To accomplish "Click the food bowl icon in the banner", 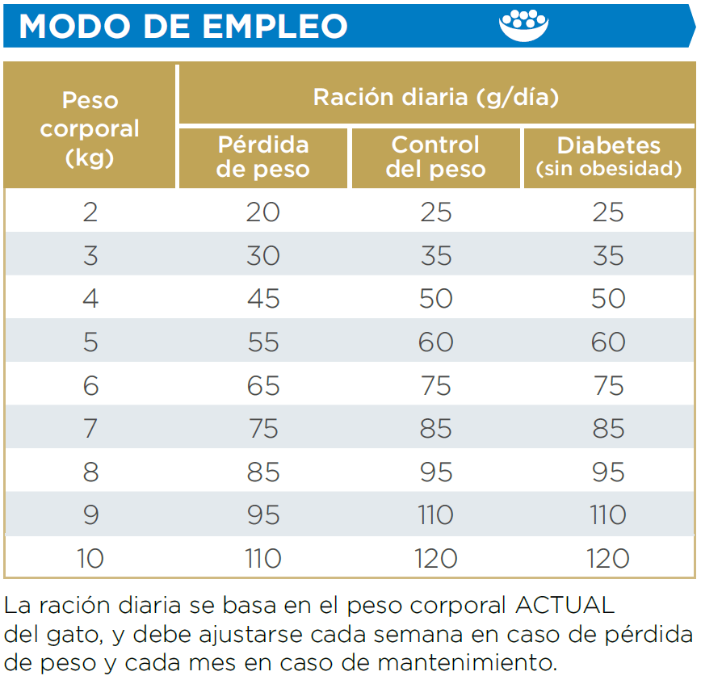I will [523, 25].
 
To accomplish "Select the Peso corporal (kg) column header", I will [90, 128].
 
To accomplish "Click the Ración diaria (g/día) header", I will [436, 97].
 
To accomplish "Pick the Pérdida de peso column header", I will [263, 157].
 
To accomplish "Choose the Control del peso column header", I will [436, 157].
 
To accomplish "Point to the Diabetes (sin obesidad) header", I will [608, 157].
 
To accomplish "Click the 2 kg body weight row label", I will [90, 212].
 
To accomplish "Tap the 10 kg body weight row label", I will [90, 558].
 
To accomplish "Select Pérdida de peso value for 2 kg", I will [263, 212].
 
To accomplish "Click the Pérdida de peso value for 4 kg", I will [263, 298].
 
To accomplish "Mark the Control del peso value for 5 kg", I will [436, 342].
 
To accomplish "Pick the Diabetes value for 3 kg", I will [608, 255].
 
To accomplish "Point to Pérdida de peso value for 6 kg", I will [263, 385].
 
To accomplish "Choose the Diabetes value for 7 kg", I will [608, 428].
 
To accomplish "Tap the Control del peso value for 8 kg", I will [436, 472].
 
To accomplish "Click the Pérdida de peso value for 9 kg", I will [263, 514].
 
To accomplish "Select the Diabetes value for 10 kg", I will [608, 558].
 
